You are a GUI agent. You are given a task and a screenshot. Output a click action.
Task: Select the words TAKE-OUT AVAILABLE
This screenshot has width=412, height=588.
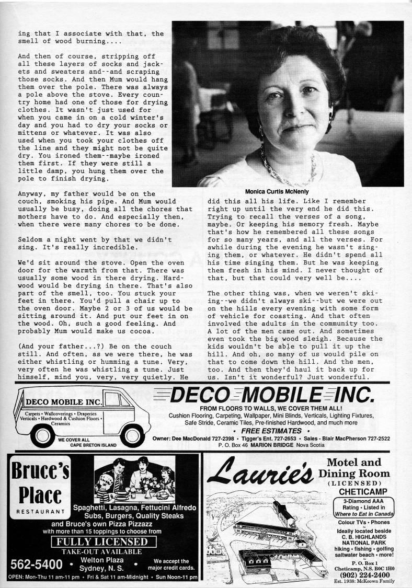[101, 551]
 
